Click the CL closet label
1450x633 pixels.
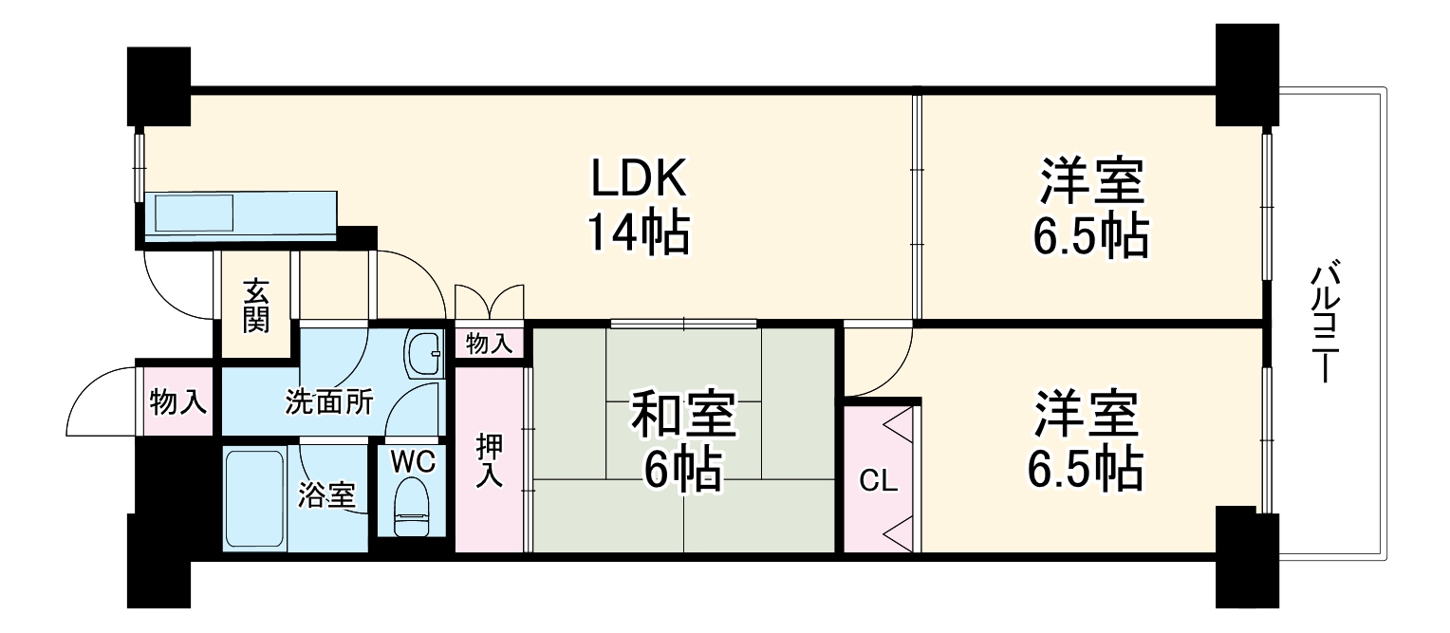point(879,482)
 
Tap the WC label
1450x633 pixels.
point(414,462)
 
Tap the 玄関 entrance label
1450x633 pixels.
point(255,306)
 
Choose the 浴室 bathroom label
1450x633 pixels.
point(327,494)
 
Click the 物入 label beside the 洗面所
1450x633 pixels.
point(178,401)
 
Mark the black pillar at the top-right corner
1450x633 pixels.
point(1246,76)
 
